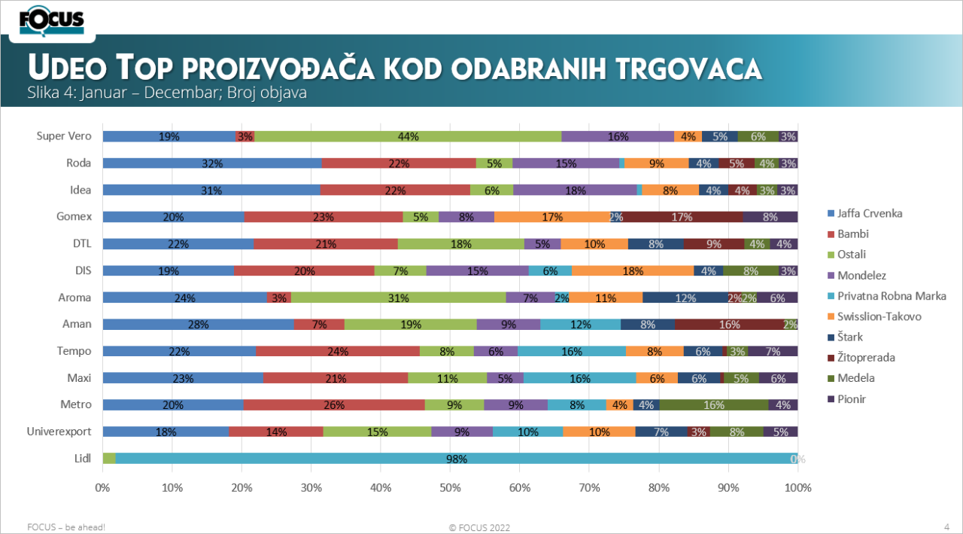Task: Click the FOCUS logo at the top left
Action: point(52,20)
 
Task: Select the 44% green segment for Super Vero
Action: point(408,136)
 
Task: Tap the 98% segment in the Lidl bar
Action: point(456,459)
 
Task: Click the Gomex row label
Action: point(74,217)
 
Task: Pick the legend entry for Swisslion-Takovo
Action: point(878,316)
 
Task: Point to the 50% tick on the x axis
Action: point(450,487)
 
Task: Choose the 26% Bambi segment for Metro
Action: point(334,405)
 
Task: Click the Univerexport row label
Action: point(59,432)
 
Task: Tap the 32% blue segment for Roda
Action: point(211,163)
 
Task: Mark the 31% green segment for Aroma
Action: point(398,298)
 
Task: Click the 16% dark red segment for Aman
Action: point(729,325)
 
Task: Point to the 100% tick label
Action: point(797,487)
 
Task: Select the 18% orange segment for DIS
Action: point(632,270)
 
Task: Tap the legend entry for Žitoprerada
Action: point(866,358)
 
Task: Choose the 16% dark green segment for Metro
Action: point(714,405)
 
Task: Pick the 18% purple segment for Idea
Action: point(575,191)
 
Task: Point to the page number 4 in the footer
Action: point(946,526)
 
